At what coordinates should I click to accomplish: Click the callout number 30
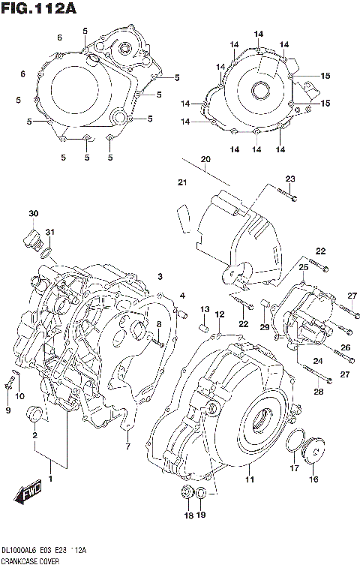coord(33,214)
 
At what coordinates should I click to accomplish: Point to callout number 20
coord(205,158)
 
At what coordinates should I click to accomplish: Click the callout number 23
coord(290,178)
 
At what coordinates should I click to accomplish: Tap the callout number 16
coord(313,479)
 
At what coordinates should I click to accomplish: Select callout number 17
coord(294,468)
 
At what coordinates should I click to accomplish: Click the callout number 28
coord(318,392)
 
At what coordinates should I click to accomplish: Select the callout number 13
coord(204,309)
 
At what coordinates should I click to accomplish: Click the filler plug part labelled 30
coord(32,239)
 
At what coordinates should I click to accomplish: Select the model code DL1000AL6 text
coord(22,550)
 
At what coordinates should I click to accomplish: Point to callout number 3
coord(160,277)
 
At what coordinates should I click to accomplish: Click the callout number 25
coord(304,267)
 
